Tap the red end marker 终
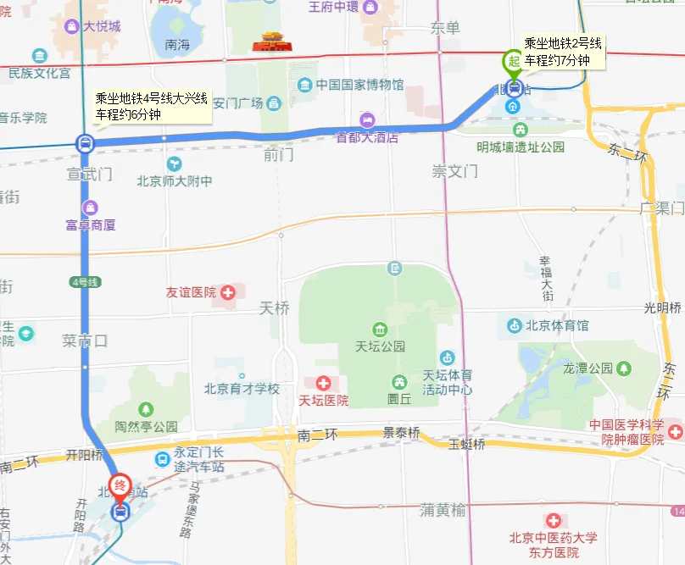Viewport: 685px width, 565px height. (x=120, y=485)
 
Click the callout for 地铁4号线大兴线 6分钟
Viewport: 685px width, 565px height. (x=152, y=106)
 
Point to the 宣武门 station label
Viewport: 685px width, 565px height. (x=90, y=174)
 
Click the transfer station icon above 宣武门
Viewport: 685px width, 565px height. (x=85, y=143)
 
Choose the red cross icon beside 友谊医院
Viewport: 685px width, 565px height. (x=227, y=292)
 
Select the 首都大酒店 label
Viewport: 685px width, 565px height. (x=367, y=136)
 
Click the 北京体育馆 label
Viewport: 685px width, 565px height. (x=557, y=324)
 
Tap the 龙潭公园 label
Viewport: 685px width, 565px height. (x=588, y=368)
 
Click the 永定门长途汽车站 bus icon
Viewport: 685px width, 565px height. (x=161, y=459)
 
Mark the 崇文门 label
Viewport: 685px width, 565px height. (x=455, y=171)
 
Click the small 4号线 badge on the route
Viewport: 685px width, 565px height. (x=85, y=281)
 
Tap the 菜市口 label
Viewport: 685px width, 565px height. (x=86, y=341)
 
